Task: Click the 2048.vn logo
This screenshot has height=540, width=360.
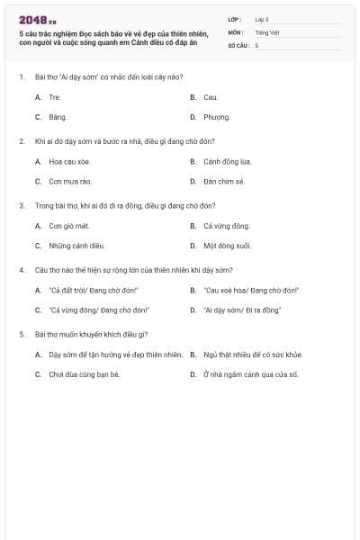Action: tap(38, 19)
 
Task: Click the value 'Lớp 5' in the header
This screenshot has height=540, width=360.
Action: tap(262, 19)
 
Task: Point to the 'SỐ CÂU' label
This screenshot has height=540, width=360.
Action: tap(238, 45)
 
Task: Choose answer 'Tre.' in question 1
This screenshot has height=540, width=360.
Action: tap(55, 96)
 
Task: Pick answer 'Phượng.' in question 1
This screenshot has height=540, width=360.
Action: tap(217, 117)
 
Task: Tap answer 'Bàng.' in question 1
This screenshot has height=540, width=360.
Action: tap(58, 117)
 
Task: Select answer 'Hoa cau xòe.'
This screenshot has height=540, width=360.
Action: tap(69, 162)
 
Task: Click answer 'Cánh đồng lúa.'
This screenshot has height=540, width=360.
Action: tap(227, 162)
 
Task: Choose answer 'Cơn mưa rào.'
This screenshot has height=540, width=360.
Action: tap(70, 182)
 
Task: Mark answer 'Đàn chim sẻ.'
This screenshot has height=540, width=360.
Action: tap(224, 182)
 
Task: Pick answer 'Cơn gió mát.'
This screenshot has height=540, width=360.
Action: tap(69, 226)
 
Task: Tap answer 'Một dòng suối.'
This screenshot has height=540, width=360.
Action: tap(227, 246)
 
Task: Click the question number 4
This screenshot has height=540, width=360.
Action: tap(21, 270)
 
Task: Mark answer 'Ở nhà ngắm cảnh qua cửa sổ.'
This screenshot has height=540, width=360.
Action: tap(250, 374)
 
